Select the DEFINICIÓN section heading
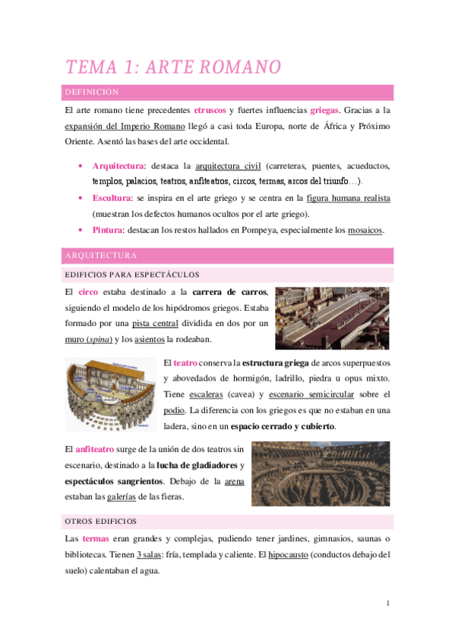coord(93,93)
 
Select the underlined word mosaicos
coord(365,230)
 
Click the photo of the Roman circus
coord(332,317)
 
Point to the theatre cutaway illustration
coord(111,395)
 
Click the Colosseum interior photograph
coord(321,473)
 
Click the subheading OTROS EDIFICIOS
coord(101,521)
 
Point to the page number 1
coord(387,604)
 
